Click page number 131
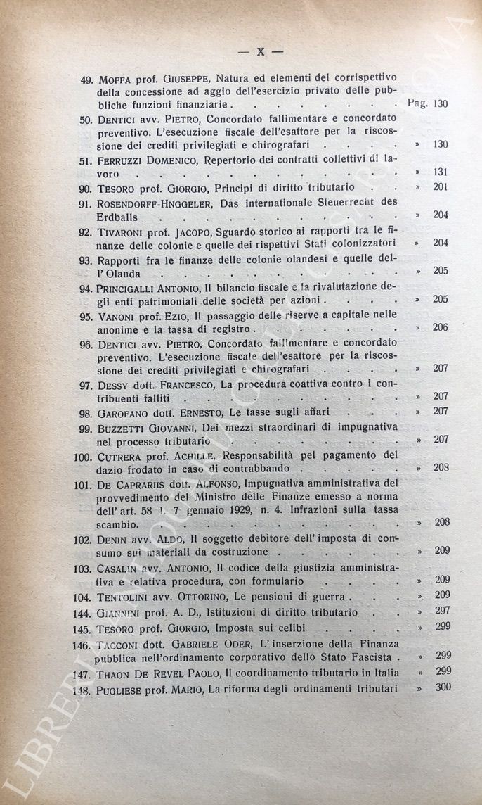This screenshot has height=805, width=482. pyautogui.click(x=441, y=172)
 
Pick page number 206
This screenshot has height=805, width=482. pyautogui.click(x=441, y=328)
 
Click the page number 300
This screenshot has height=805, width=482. pyautogui.click(x=442, y=687)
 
